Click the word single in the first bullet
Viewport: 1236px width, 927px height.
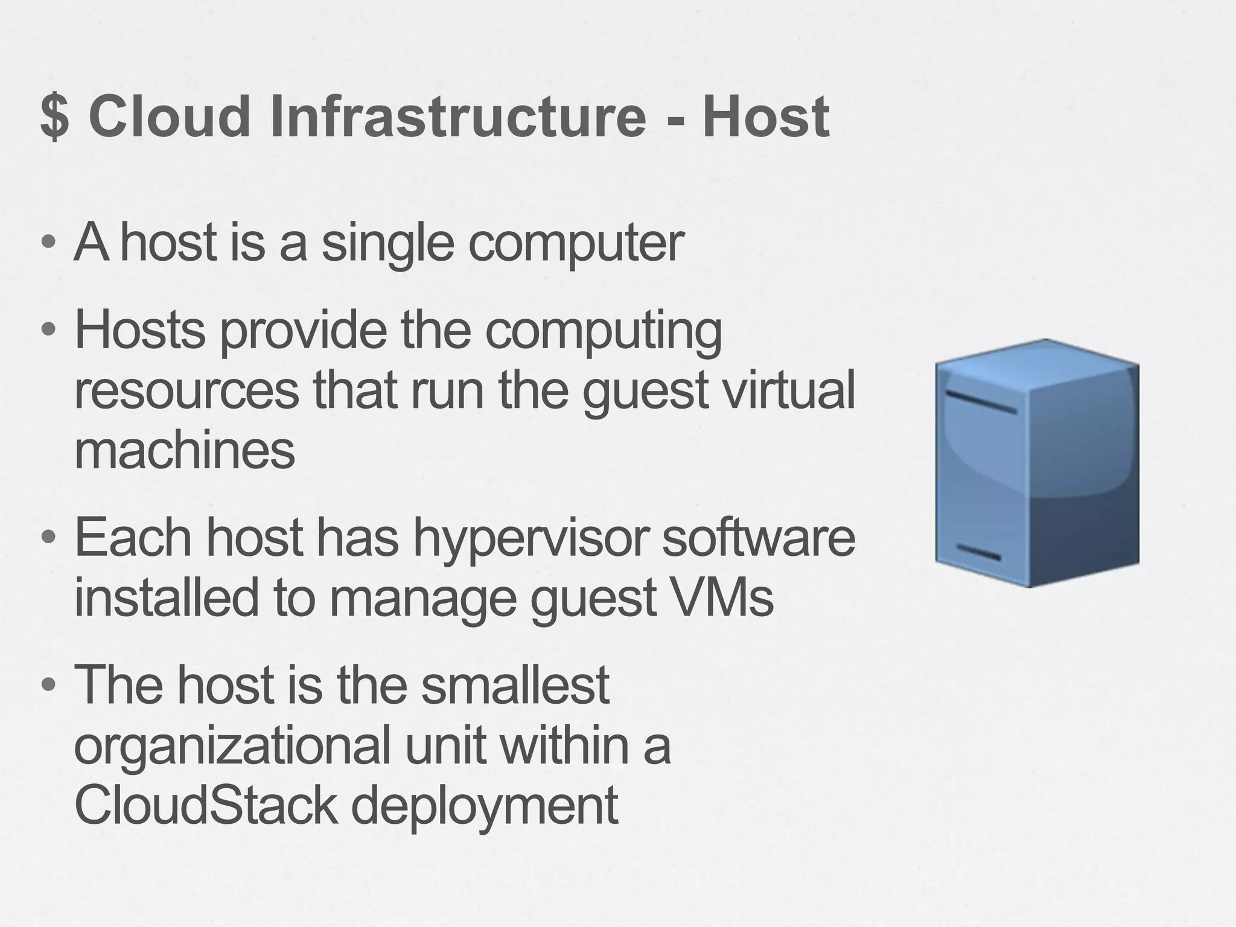coord(387,244)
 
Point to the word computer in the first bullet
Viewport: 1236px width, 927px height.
coord(576,244)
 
